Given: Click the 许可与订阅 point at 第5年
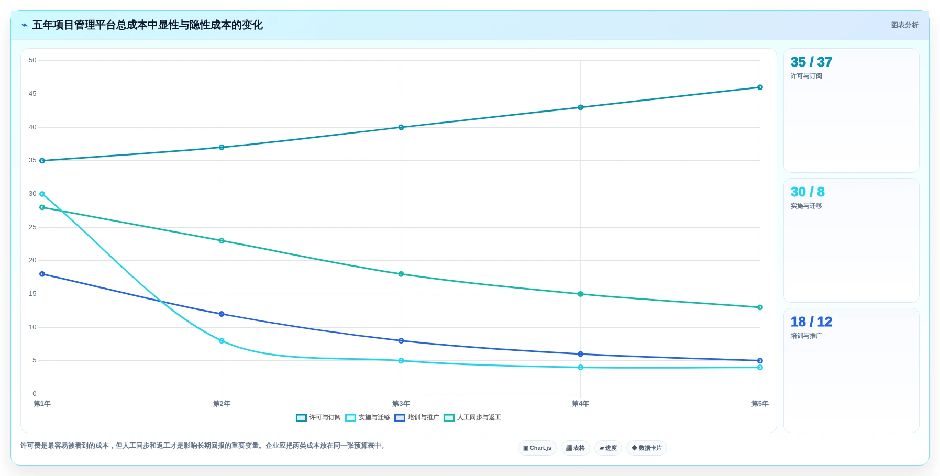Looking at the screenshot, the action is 760,87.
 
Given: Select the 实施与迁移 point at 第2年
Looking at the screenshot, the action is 222,341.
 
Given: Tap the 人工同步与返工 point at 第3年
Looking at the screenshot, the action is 401,274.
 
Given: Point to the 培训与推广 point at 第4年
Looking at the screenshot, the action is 580,354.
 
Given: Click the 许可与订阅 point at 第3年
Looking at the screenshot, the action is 401,127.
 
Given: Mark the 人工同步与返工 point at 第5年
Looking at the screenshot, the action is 760,307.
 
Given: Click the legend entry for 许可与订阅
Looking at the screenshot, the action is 318,417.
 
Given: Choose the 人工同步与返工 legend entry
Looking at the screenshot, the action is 472,417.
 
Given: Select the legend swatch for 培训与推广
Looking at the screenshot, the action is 400,418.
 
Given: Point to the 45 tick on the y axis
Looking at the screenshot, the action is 32,94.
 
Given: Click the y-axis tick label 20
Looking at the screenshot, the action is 32,260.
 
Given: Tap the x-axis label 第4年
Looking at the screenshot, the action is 580,404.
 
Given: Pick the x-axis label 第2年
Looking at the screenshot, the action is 222,404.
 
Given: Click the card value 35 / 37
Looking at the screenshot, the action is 811,62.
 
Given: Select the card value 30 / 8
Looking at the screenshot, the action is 808,192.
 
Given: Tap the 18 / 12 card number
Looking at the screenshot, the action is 811,322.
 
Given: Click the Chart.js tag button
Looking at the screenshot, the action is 537,448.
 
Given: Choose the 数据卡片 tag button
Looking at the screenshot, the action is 647,448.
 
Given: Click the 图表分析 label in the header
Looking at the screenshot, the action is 905,25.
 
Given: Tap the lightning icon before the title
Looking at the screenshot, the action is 25,25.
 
